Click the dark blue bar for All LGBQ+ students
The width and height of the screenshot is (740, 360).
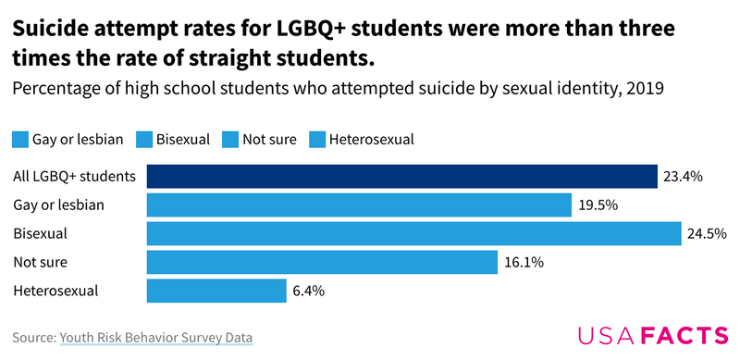401,176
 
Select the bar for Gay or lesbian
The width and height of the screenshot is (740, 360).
359,205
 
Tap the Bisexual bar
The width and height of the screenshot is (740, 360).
413,233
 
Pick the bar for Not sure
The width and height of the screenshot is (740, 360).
322,262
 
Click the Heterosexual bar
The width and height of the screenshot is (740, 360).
216,291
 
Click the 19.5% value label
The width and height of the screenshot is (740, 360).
598,205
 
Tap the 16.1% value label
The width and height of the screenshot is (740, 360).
524,262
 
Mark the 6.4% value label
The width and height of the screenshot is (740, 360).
308,291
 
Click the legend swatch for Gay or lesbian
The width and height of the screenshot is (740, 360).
20,140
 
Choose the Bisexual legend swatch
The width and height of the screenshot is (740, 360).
143,140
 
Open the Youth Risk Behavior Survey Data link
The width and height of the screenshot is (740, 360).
156,338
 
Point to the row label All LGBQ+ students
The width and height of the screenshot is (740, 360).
75,176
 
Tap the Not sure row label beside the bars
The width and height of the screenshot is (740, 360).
40,262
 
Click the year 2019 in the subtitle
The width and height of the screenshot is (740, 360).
645,89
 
